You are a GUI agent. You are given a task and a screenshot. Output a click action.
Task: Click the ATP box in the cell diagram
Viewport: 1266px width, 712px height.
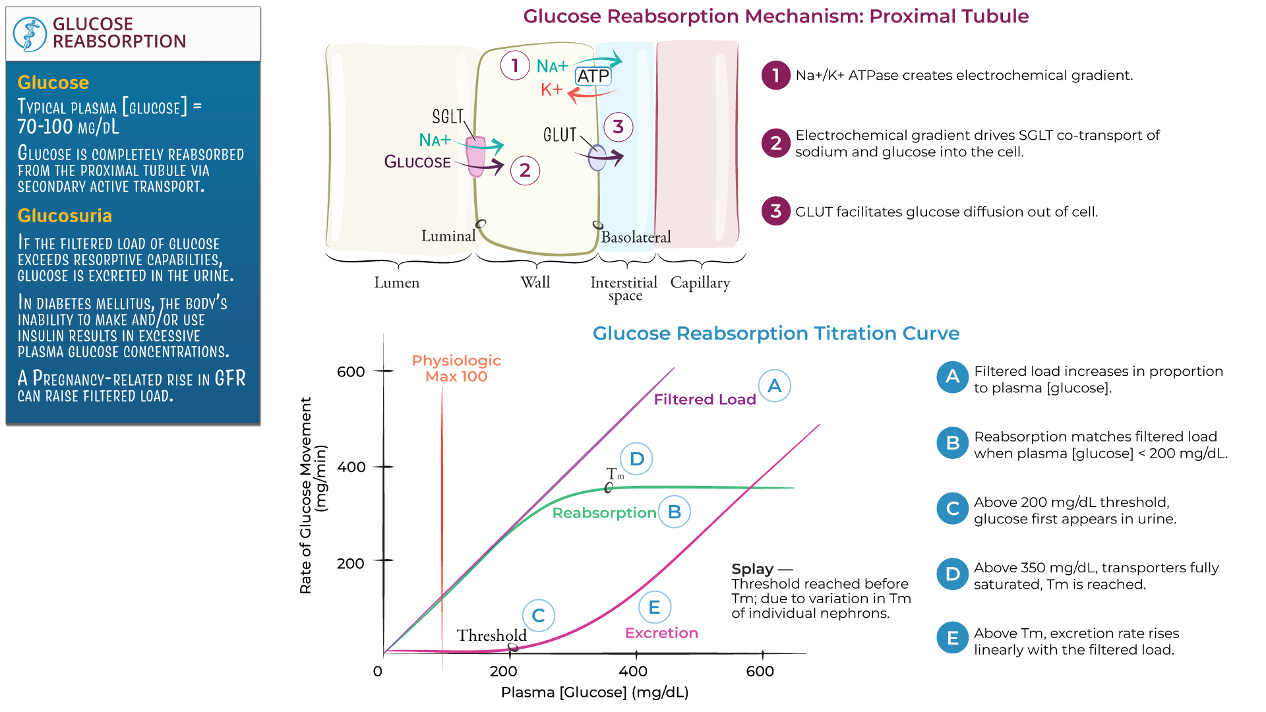[593, 76]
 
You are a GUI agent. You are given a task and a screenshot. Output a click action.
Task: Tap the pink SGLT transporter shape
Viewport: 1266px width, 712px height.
[475, 156]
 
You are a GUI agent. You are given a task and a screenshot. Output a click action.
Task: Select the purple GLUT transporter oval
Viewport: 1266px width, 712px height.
[597, 158]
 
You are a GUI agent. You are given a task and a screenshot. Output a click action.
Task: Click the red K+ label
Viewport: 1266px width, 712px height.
[551, 90]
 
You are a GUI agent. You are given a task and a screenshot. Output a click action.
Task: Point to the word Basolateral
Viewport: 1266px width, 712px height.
[636, 237]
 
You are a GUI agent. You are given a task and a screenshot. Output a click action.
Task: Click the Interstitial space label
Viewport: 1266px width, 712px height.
[624, 289]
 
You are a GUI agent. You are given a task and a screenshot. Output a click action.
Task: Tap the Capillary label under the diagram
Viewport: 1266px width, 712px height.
[700, 283]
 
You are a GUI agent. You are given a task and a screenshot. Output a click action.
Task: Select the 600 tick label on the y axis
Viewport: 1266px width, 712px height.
[351, 372]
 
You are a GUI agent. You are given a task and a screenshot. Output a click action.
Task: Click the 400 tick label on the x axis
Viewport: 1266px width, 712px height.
[633, 671]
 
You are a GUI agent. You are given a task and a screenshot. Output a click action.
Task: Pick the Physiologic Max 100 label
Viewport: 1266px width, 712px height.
[456, 369]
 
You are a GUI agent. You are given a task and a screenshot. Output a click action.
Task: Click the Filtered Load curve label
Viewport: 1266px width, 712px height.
[704, 400]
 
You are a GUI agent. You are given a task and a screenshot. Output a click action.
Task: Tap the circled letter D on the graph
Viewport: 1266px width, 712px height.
[636, 459]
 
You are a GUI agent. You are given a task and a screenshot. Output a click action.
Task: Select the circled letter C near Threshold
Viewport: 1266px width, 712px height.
[539, 616]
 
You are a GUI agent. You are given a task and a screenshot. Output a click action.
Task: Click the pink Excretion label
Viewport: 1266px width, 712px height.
[661, 633]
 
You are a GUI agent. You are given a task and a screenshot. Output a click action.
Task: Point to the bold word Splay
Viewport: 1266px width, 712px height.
[752, 569]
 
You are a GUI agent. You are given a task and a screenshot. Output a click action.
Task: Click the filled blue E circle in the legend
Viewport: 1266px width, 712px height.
[953, 638]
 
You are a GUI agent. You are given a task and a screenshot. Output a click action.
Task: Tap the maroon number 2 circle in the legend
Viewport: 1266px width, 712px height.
[776, 143]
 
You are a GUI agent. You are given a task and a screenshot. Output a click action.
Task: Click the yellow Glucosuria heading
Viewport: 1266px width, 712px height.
[65, 216]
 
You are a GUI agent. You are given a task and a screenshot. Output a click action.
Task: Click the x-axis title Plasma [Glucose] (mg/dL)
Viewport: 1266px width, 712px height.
[595, 692]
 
